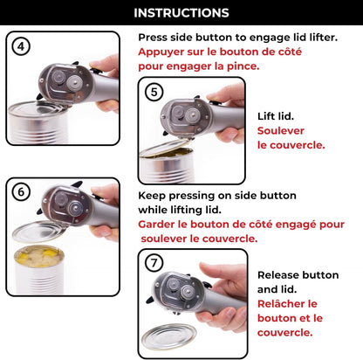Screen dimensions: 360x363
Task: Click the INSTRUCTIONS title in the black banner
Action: [x=181, y=13]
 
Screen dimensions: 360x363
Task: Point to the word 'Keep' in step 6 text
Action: [x=153, y=197]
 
